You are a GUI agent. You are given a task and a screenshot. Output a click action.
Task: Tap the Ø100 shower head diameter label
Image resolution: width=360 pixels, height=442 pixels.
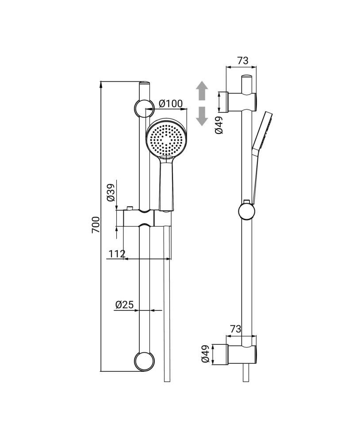pos(170,104)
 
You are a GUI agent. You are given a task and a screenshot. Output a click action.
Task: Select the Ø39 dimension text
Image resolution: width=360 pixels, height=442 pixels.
pos(111,192)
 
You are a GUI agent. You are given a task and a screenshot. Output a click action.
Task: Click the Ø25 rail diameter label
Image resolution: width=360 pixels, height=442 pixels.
pos(124,305)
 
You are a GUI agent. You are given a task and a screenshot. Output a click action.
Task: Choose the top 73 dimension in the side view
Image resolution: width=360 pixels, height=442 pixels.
pos(243,61)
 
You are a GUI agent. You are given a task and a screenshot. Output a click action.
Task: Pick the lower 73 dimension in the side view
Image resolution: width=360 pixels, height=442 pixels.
pos(235,329)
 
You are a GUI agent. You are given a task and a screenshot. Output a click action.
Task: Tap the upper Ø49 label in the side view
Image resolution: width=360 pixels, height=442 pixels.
pos(218,125)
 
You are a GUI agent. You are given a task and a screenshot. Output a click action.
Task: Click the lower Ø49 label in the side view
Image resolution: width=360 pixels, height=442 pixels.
pos(205,354)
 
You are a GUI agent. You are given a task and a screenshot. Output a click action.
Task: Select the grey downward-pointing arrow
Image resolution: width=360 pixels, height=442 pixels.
pos(202,116)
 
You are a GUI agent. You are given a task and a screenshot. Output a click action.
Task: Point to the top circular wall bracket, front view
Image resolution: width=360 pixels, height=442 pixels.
pos(144,108)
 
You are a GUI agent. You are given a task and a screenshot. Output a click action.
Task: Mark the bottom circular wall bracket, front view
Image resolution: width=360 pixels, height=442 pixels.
pos(145,361)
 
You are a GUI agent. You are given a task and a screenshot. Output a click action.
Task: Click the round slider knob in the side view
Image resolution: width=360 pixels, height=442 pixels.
pos(247,211)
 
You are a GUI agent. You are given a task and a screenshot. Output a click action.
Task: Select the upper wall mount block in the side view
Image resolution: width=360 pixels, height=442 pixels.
pos(241,102)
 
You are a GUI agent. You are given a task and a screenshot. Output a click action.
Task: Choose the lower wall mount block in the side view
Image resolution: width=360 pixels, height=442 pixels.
pos(241,354)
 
